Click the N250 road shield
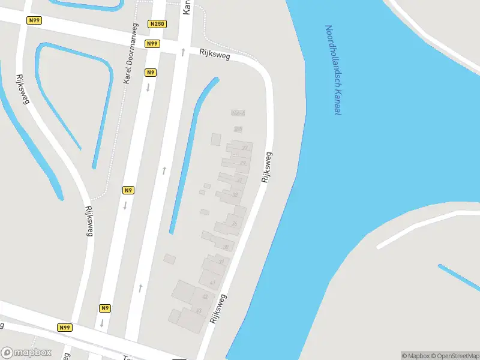158,24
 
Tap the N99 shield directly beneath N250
152,44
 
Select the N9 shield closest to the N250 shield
151,73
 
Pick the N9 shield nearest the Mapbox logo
105,308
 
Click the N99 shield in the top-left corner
35,20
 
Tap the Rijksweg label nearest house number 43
218,308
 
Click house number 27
245,147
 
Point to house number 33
235,194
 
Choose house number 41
212,282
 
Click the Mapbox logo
26,353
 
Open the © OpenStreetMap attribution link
455,355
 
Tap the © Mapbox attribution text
415,355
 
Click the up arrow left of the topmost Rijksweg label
183,52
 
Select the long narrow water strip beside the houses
192,156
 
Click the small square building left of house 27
216,139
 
